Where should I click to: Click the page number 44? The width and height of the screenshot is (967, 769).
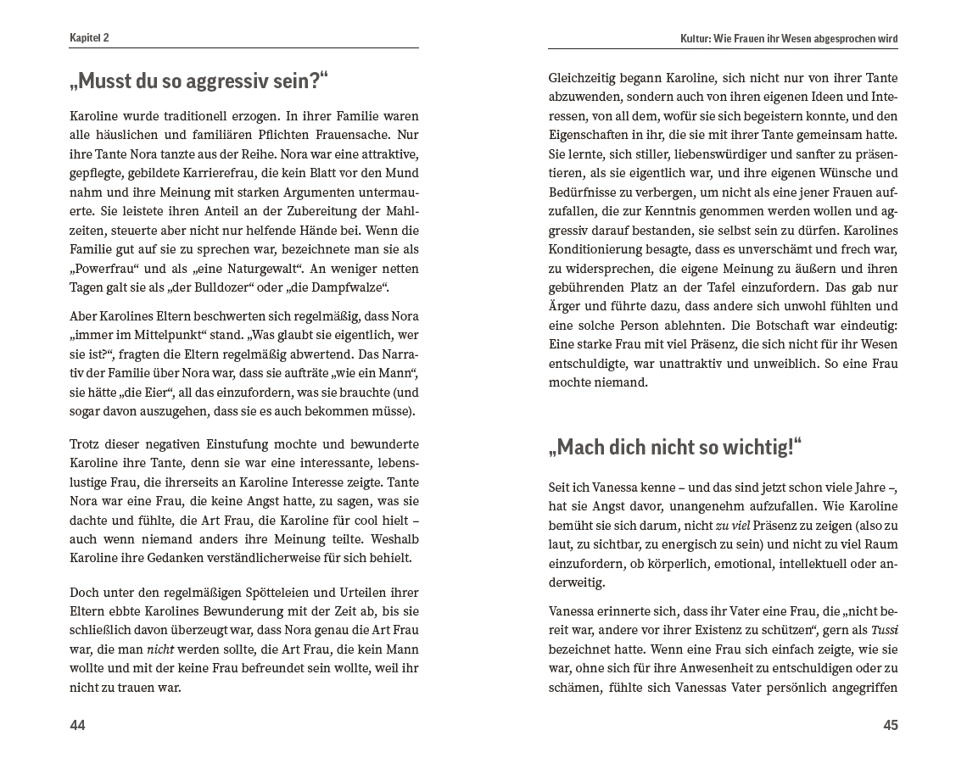[77, 725]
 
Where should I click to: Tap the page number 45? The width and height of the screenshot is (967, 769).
[890, 725]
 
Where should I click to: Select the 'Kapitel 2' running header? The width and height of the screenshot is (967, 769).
[89, 38]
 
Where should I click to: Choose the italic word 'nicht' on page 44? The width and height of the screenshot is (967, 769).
[160, 649]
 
